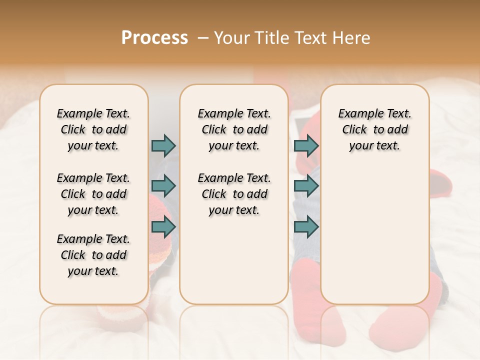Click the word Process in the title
154,38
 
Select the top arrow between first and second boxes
163,145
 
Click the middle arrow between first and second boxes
163,186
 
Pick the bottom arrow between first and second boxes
163,226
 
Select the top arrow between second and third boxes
306,145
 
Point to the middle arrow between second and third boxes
306,186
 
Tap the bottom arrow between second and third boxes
306,226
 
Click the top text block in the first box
93,129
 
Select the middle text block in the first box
93,194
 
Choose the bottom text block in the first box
93,255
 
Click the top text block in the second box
234,129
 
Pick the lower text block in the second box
234,194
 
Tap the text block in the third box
374,129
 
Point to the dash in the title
202,38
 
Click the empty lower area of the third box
374,235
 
